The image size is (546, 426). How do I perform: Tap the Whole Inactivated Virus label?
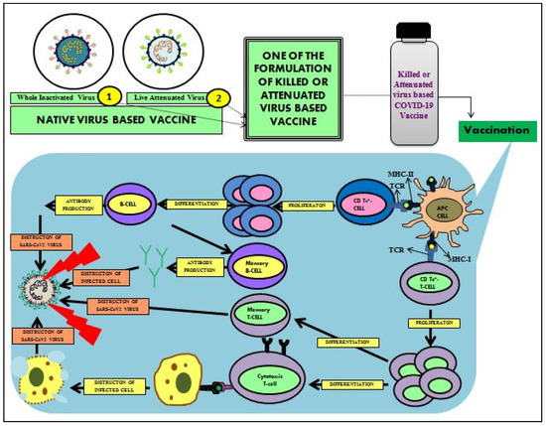click(56, 98)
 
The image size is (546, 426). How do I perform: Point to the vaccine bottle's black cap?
click(414, 19)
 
